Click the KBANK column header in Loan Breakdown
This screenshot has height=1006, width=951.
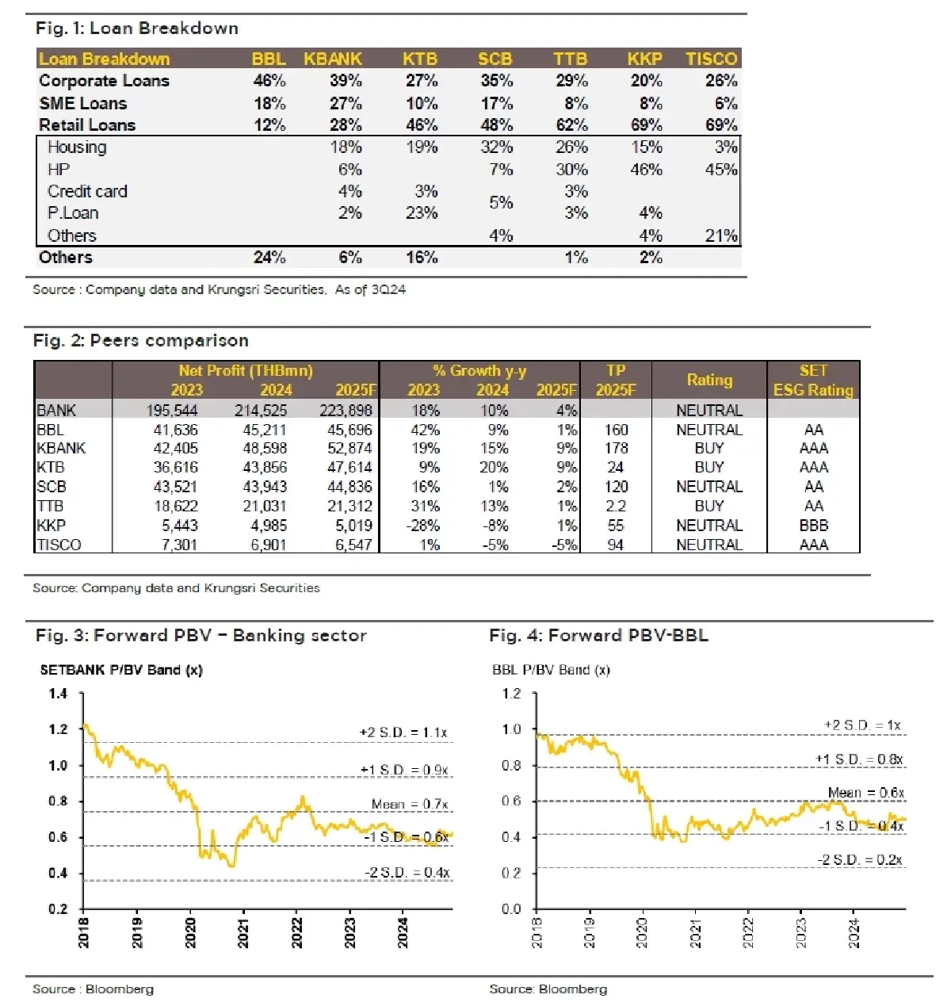333,59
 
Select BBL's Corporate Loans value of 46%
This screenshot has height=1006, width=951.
269,81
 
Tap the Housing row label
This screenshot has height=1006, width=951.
77,147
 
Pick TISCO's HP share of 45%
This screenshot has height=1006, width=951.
720,170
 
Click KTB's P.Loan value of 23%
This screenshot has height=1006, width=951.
422,213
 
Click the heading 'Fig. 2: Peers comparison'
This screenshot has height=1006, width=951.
140,341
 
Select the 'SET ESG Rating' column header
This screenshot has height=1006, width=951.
813,381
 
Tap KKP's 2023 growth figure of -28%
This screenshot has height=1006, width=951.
424,526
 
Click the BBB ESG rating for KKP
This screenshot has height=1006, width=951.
813,526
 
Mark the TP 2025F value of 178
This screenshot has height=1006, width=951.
616,449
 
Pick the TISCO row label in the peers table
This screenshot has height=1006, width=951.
59,545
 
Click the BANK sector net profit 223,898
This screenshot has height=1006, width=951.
349,411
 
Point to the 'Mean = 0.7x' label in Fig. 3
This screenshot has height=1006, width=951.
409,805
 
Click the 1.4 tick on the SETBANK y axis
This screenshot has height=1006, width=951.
58,694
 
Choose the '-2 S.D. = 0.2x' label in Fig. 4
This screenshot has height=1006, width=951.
859,860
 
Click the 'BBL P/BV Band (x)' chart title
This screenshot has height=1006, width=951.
551,670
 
